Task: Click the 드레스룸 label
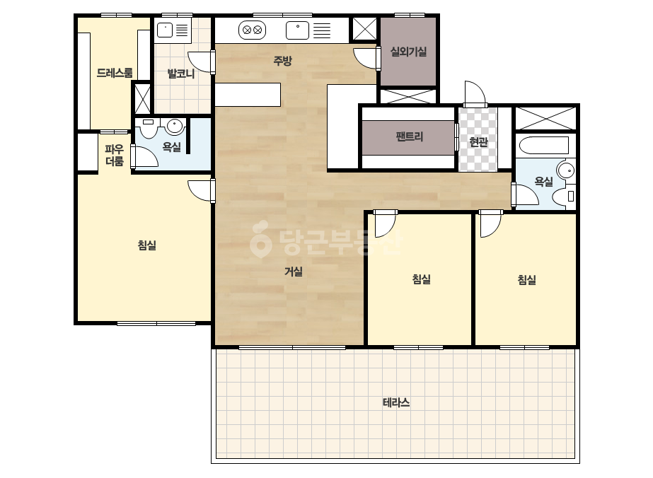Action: pyautogui.click(x=115, y=73)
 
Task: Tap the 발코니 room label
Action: pyautogui.click(x=181, y=74)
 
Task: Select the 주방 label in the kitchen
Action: pyautogui.click(x=282, y=61)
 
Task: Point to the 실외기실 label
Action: pyautogui.click(x=408, y=52)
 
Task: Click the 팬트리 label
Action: pyautogui.click(x=410, y=136)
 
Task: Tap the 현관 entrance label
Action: pyautogui.click(x=478, y=142)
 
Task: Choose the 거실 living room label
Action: pyautogui.click(x=293, y=272)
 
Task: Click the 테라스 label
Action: pyautogui.click(x=396, y=402)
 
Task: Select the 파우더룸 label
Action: pyautogui.click(x=114, y=155)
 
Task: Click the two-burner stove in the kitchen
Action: pyautogui.click(x=253, y=30)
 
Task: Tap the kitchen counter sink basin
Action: pyautogui.click(x=297, y=30)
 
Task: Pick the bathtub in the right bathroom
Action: pyautogui.click(x=544, y=146)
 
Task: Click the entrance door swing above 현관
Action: pyautogui.click(x=475, y=93)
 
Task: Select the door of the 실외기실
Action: pyautogui.click(x=365, y=58)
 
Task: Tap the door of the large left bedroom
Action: pyautogui.click(x=200, y=191)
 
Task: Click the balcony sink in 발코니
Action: pyautogui.click(x=165, y=30)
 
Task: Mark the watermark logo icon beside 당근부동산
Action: pyautogui.click(x=260, y=239)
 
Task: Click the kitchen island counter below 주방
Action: pyautogui.click(x=248, y=95)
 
